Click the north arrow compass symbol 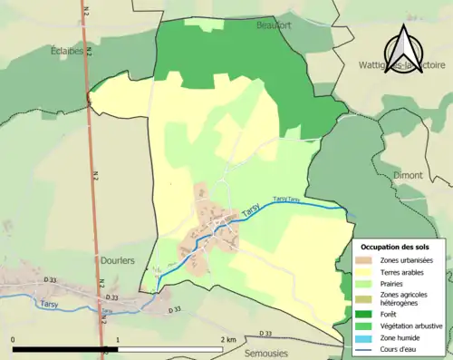(x=402, y=49)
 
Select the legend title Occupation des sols (x=397, y=247)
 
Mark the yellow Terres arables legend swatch (x=370, y=273)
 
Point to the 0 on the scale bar (x=14, y=340)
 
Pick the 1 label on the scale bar (x=118, y=340)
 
